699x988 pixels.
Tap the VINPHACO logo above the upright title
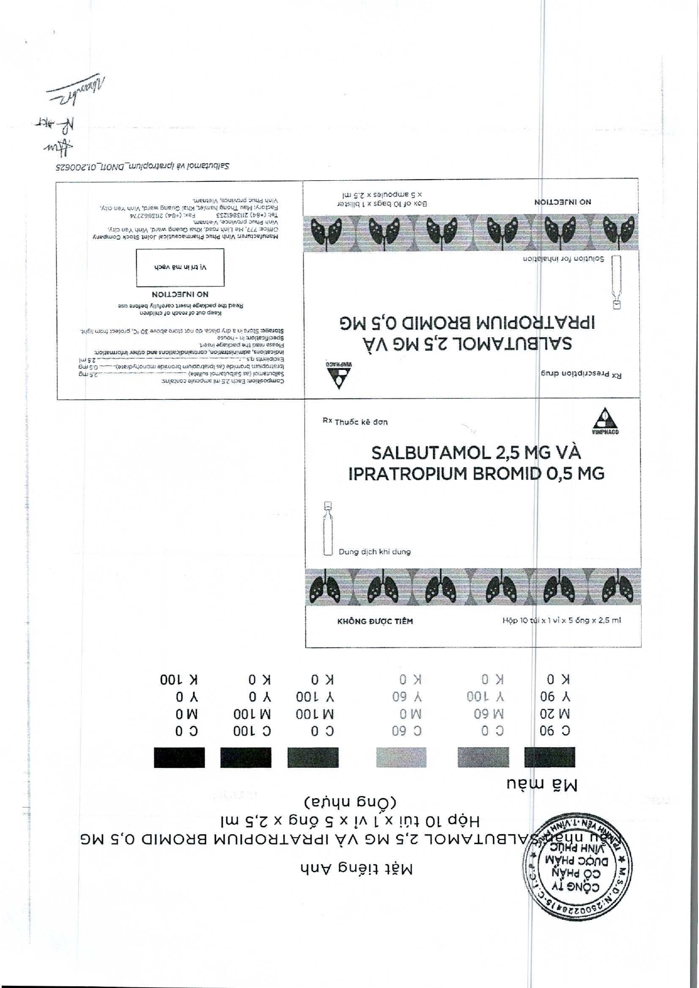coord(605,422)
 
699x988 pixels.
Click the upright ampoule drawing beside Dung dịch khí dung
coord(328,528)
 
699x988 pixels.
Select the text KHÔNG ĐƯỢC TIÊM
coord(375,621)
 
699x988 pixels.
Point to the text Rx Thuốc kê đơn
coord(355,422)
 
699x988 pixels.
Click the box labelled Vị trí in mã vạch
coord(180,267)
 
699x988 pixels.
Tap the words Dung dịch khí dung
coord(374,552)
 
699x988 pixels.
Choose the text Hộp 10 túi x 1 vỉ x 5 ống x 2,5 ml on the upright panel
coord(561,620)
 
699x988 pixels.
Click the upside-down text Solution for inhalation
coord(563,259)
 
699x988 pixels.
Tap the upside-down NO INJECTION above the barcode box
coord(180,294)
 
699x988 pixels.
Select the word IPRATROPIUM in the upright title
coord(409,473)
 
